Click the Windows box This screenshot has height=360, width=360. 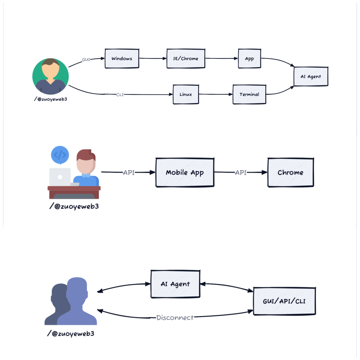122,59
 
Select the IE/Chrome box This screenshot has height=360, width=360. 186,59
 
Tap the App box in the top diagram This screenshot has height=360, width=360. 249,59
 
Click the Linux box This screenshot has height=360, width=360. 186,94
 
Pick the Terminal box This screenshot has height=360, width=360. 249,94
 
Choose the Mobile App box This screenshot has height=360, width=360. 185,172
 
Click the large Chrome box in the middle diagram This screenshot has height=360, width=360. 290,172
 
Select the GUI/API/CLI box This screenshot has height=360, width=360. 284,301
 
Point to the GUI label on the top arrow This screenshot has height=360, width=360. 86,60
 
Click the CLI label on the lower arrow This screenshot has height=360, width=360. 120,95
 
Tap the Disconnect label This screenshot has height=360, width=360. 175,318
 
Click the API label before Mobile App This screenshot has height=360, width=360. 129,172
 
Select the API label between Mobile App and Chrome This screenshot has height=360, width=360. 241,172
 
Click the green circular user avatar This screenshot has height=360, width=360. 50,76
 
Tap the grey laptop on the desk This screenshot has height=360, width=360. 60,177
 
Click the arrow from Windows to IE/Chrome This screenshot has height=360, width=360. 153,59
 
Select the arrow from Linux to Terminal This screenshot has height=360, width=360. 216,94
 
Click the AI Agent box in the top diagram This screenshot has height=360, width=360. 311,77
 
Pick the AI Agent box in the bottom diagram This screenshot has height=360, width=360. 175,284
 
